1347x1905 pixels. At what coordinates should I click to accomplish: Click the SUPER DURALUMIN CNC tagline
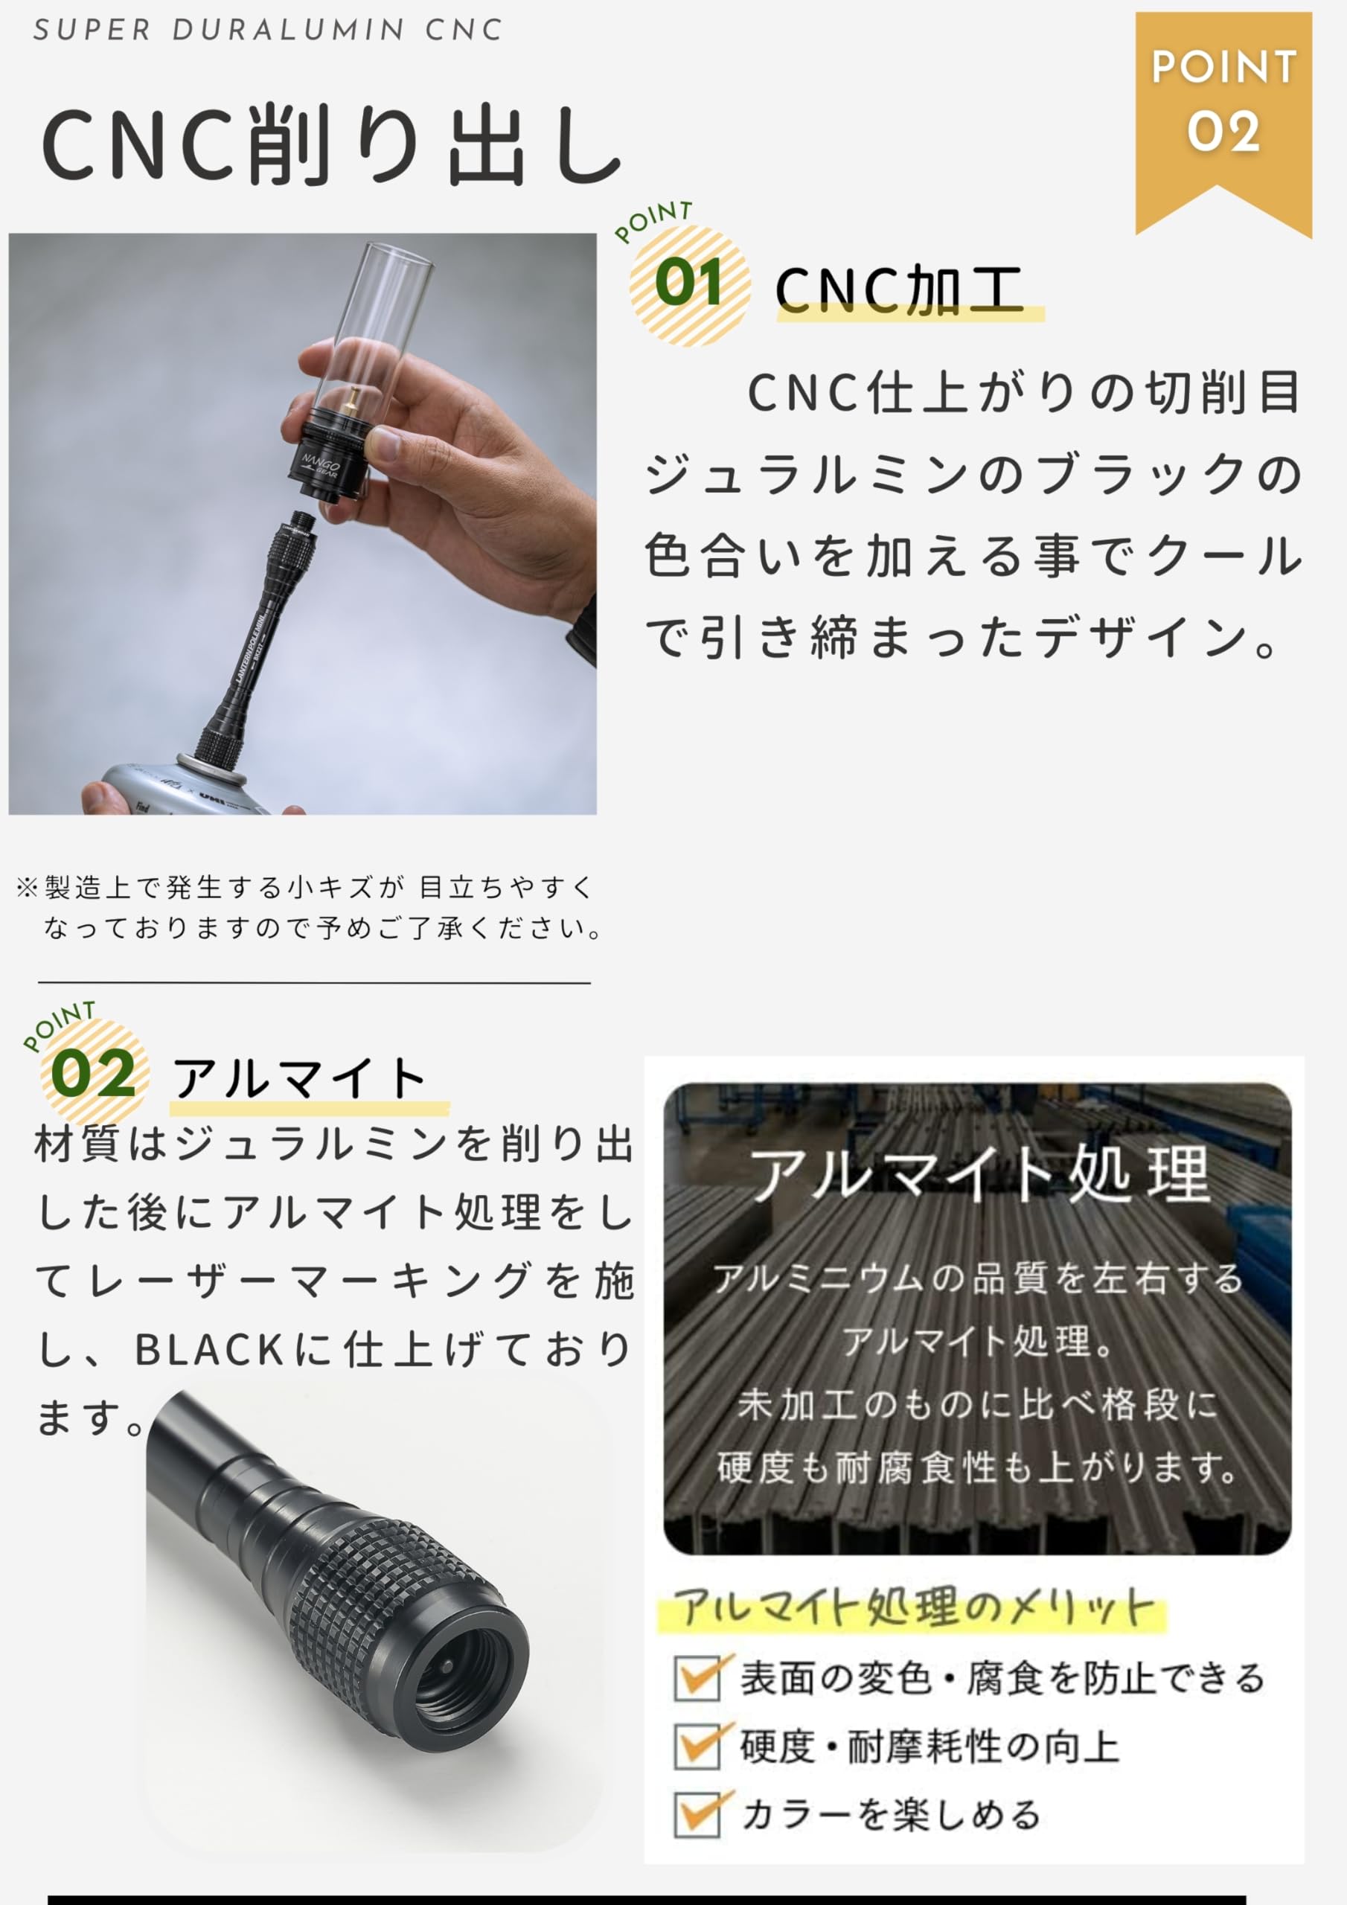tap(267, 30)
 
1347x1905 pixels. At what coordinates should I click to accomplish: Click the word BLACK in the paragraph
tap(210, 1350)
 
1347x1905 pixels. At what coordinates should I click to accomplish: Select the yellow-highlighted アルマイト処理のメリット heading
tap(913, 1608)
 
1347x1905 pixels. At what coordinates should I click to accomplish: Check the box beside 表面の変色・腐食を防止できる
tap(697, 1679)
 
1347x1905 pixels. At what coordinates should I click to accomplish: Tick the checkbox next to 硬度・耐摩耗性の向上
tap(697, 1746)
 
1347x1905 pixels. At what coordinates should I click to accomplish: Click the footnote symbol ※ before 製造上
tap(27, 888)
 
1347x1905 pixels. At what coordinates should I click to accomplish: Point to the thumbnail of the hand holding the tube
tap(302, 524)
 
